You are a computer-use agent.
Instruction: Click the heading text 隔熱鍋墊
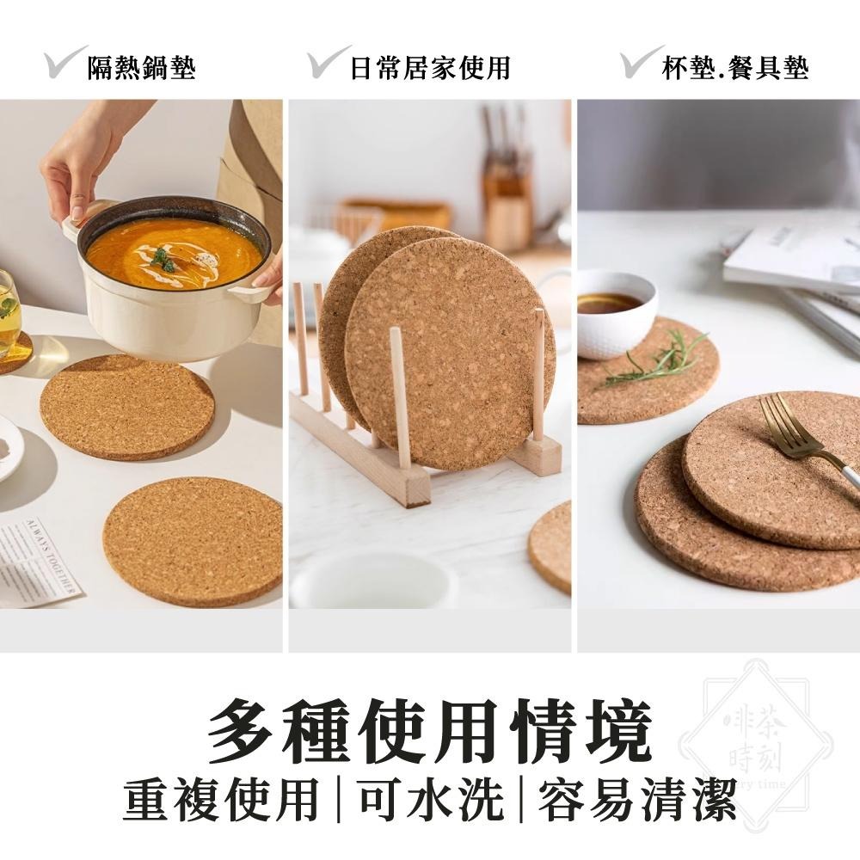click(x=141, y=67)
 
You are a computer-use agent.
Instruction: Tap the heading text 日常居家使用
click(x=429, y=67)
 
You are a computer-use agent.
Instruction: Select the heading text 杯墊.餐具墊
click(x=734, y=67)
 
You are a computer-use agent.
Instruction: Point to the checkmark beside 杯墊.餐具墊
click(x=642, y=62)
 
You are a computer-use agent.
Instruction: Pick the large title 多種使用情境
click(x=429, y=732)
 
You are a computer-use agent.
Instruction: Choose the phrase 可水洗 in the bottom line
click(x=430, y=801)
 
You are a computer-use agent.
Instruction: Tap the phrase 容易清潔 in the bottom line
click(x=637, y=801)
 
